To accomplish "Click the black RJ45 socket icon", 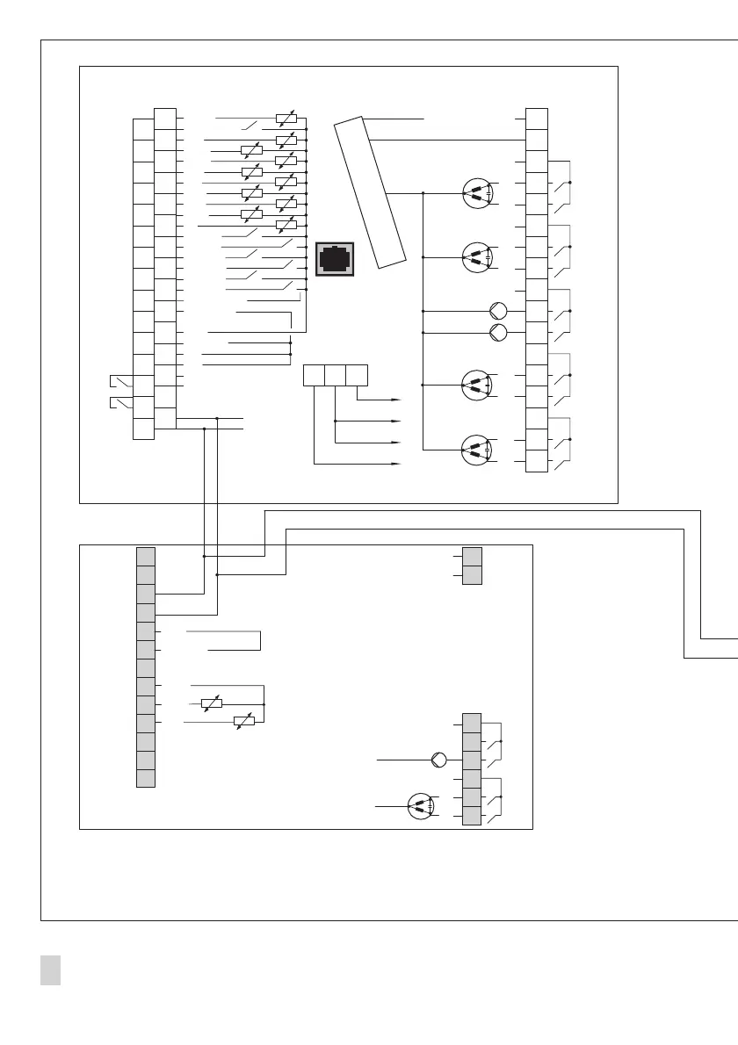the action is pyautogui.click(x=335, y=258).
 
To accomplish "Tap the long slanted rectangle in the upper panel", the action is pyautogui.click(x=370, y=191).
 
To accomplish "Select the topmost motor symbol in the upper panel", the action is pyautogui.click(x=477, y=193).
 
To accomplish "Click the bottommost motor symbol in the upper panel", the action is pyautogui.click(x=477, y=450).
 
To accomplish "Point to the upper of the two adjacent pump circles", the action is pyautogui.click(x=498, y=310).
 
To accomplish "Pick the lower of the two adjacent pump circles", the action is pyautogui.click(x=498, y=332).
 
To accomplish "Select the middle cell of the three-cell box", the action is pyautogui.click(x=335, y=375).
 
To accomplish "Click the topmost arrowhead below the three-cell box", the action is pyautogui.click(x=396, y=399).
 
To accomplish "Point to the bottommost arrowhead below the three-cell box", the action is pyautogui.click(x=396, y=462).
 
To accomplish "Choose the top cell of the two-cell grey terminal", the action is pyautogui.click(x=472, y=557).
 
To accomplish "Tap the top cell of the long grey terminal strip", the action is pyautogui.click(x=146, y=556).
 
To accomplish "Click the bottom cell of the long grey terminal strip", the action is pyautogui.click(x=146, y=778).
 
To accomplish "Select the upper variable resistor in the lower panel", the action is pyautogui.click(x=211, y=703).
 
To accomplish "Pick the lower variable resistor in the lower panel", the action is pyautogui.click(x=244, y=722).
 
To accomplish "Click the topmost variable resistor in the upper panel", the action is pyautogui.click(x=286, y=118).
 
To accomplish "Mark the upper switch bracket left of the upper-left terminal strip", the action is pyautogui.click(x=120, y=382).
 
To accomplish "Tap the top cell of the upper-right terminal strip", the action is pyautogui.click(x=537, y=118).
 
